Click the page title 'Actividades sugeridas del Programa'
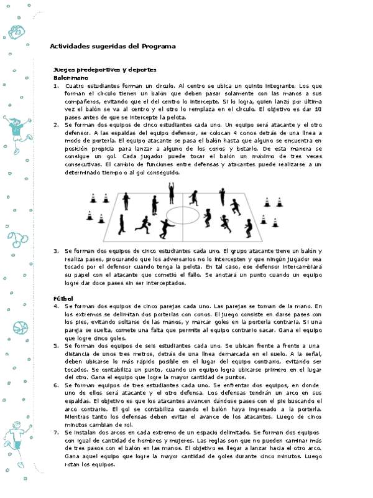point(112,46)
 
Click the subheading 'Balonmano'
point(70,77)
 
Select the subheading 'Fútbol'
point(63,299)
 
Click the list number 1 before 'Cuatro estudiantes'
point(57,85)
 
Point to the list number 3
point(57,251)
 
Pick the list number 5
point(57,345)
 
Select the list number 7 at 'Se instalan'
point(57,431)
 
